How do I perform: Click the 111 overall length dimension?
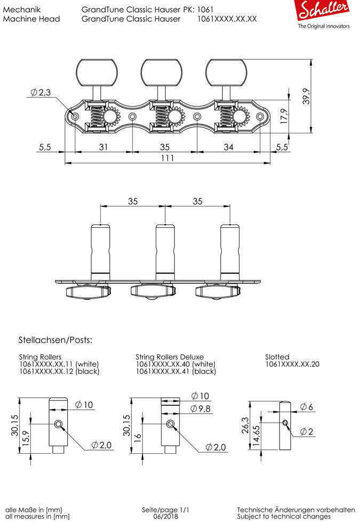click(x=168, y=158)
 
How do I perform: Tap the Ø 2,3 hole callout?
click(x=41, y=93)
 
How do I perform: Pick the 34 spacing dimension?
click(x=228, y=147)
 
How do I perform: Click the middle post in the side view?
click(x=165, y=249)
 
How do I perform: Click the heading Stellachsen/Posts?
click(x=55, y=340)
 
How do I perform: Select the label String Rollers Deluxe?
click(x=169, y=357)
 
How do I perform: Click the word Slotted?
click(x=277, y=357)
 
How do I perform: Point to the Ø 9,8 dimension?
click(x=201, y=409)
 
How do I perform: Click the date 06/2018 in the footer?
click(x=165, y=517)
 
